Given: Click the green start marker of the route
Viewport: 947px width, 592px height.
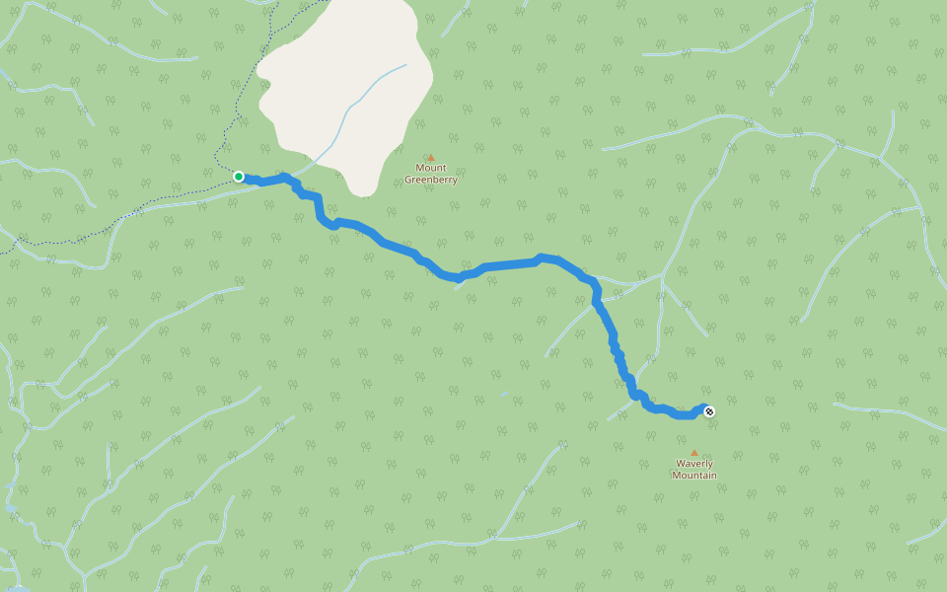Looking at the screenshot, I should click(239, 177).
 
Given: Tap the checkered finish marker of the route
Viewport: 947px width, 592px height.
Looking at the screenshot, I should click(708, 411).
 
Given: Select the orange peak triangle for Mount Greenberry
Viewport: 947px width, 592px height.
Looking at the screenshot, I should click(430, 157).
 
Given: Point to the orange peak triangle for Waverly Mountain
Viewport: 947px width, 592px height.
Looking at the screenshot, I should click(693, 453).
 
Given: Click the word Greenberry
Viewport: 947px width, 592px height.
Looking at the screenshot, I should click(431, 181).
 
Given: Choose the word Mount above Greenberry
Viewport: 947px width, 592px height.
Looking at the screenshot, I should click(431, 169).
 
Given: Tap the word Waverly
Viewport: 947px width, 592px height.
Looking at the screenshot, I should click(694, 464).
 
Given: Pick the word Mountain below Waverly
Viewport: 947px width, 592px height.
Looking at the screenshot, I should click(694, 476).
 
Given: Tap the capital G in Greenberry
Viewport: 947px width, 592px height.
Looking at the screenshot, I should click(408, 181).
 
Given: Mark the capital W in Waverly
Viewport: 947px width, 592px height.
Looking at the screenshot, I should click(680, 464).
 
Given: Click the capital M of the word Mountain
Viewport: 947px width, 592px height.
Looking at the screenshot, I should click(676, 476).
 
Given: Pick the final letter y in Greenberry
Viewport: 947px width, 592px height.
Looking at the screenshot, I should click(455, 182).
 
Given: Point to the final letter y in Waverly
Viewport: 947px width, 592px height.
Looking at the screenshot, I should click(710, 465).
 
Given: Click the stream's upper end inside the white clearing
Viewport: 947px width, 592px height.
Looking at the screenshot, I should click(404, 66).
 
